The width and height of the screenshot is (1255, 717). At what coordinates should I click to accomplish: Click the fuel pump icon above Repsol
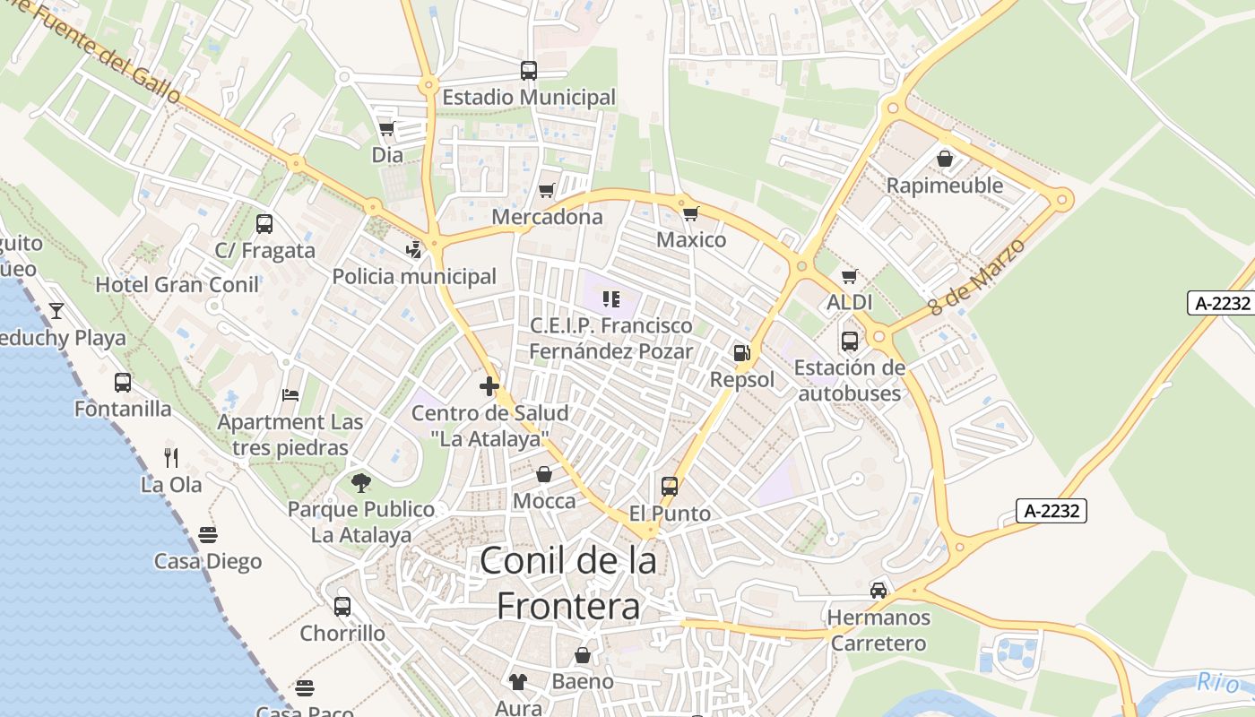point(741,352)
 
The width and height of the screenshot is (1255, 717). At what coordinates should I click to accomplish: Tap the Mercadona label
point(547,217)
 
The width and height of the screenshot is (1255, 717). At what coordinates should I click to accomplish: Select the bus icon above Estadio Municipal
point(529,70)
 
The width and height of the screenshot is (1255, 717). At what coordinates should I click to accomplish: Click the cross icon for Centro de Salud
point(489,386)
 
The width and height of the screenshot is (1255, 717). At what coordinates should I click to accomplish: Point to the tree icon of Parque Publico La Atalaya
point(361,483)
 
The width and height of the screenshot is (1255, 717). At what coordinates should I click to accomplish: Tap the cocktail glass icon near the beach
point(56,311)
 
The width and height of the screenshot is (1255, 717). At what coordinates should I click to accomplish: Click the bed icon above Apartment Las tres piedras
point(290,394)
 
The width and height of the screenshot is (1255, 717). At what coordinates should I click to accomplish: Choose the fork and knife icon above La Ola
point(171,458)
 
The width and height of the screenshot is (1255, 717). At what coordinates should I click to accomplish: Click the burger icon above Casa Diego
point(208,535)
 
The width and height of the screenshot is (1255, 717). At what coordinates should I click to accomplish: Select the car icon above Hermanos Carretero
point(878,590)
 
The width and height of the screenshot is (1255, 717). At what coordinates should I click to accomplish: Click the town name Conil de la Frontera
point(568,583)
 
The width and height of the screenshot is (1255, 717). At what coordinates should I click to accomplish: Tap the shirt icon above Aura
point(518,682)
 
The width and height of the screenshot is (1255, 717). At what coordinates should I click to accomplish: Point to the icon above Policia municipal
point(414,249)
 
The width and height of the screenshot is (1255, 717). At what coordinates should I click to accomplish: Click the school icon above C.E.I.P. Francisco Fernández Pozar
point(611,298)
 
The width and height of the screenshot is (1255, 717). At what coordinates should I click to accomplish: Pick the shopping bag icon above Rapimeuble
point(945,159)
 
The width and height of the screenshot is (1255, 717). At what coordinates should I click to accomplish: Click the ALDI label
point(849,302)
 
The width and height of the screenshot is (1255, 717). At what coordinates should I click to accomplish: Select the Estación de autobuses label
point(849,380)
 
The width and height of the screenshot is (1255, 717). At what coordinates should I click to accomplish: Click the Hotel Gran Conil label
point(177,284)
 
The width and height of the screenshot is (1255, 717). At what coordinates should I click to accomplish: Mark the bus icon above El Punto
point(670,487)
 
